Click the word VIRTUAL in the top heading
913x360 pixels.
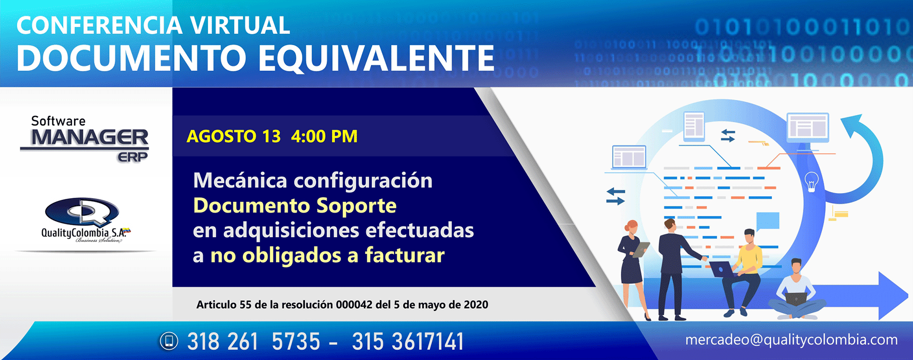click(x=240, y=25)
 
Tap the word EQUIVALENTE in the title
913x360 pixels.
click(x=376, y=58)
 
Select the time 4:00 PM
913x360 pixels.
click(x=324, y=136)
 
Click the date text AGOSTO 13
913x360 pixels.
click(x=233, y=136)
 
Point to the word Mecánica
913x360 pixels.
click(x=240, y=181)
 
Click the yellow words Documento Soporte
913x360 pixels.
click(x=295, y=206)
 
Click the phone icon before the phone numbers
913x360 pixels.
click(x=169, y=341)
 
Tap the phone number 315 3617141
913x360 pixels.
click(x=408, y=341)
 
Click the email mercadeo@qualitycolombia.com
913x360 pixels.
click(x=791, y=340)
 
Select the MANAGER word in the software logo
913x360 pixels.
click(x=90, y=137)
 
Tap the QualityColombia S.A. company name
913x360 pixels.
click(x=84, y=233)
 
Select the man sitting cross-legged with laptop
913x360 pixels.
click(x=796, y=292)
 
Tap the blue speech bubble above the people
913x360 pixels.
click(x=767, y=221)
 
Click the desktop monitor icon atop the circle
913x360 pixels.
click(x=807, y=127)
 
